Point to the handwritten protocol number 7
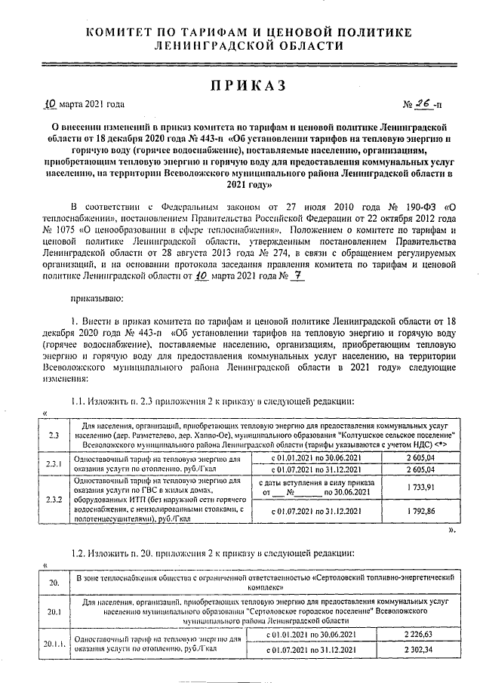click(x=277, y=276)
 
